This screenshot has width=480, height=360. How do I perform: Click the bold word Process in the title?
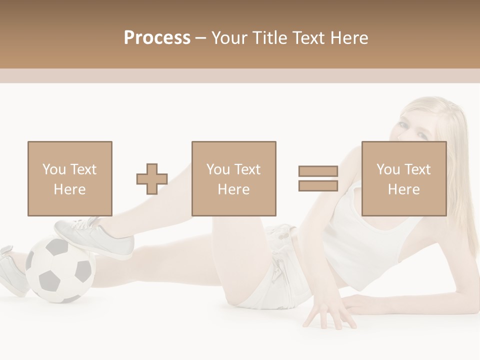click(157, 37)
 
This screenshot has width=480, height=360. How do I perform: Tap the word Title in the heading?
click(271, 37)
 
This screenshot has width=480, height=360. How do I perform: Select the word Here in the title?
click(348, 37)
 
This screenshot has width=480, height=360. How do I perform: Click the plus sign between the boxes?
click(152, 179)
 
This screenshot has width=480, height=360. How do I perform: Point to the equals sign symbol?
click(318, 178)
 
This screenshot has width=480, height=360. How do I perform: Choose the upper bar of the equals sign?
click(318, 171)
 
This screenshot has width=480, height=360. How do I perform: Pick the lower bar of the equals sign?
click(318, 185)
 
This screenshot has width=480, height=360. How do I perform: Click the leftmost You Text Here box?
click(69, 178)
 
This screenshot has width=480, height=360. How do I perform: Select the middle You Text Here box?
click(233, 178)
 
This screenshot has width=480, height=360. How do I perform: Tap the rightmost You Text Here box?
click(404, 178)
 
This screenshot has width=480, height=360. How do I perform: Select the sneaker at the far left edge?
click(11, 270)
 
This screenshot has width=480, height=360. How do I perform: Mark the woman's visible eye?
click(419, 135)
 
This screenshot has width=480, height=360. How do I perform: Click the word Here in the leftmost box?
click(69, 189)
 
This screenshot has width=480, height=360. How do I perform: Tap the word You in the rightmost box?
click(388, 169)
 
